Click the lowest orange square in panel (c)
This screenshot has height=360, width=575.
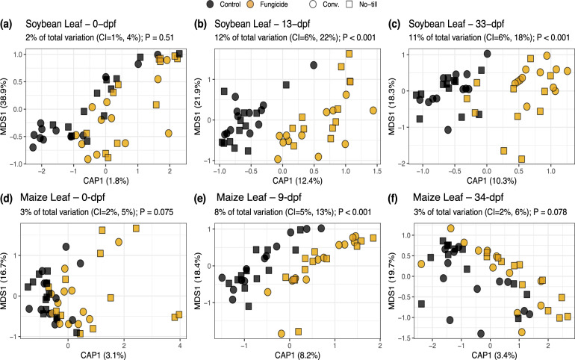pyautogui.click(x=521, y=158)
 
